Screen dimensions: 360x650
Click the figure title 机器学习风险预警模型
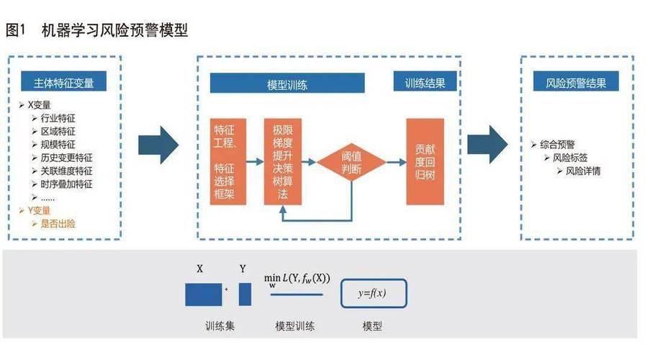(x=115, y=30)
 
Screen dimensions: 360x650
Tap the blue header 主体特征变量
(x=63, y=83)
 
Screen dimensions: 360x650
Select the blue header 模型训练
(x=287, y=84)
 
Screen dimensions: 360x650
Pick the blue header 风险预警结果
(x=576, y=83)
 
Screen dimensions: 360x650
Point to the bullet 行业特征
(x=58, y=118)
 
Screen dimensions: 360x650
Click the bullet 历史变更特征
(x=67, y=158)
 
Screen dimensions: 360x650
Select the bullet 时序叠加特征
(x=67, y=184)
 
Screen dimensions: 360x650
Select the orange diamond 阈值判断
(x=353, y=162)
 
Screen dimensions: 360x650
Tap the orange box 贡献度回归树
(x=425, y=162)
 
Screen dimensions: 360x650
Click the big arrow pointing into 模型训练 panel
(x=158, y=140)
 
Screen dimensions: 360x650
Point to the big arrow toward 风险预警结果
(x=487, y=140)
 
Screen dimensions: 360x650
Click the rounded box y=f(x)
(x=373, y=293)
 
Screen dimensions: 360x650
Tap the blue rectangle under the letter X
(x=204, y=294)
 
